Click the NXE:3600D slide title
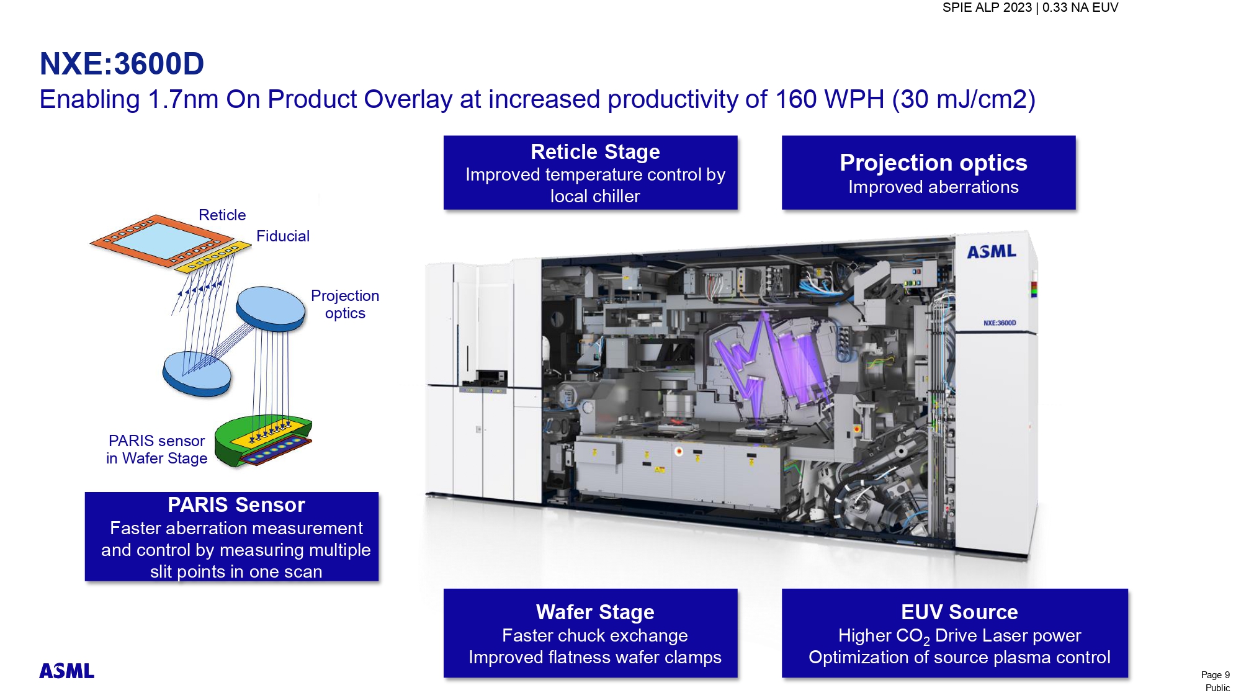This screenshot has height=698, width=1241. [x=122, y=63]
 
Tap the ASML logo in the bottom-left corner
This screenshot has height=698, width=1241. [x=67, y=671]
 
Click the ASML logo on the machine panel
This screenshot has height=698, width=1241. [x=992, y=251]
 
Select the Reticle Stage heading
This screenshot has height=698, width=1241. [x=595, y=151]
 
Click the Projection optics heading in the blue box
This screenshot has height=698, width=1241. [x=933, y=163]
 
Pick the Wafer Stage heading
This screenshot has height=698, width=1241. [x=595, y=612]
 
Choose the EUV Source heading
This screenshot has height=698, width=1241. [x=959, y=612]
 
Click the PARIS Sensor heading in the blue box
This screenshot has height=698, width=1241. [x=236, y=504]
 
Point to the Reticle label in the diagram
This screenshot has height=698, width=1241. [x=222, y=215]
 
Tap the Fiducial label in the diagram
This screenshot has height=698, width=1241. [x=283, y=236]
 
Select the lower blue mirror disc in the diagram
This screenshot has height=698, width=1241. [x=197, y=374]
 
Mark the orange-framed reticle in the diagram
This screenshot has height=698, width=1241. [x=162, y=241]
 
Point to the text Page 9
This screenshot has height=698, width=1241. [x=1215, y=675]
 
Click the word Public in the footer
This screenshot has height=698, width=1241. [x=1217, y=688]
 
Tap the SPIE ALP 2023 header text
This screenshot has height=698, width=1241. [x=987, y=7]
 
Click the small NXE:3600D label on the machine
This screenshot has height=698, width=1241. [x=1000, y=323]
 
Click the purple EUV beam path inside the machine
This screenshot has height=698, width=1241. [x=769, y=366]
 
